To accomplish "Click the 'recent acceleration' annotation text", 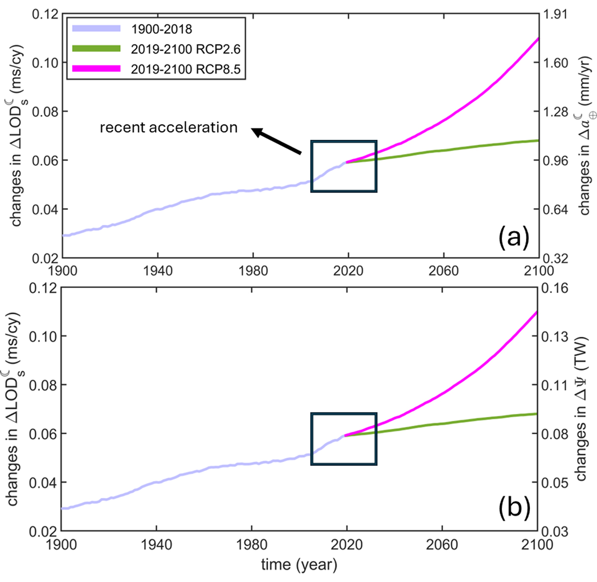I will point(169,127).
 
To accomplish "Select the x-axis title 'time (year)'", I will point(299,565).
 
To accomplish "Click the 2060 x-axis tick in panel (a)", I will point(444,271).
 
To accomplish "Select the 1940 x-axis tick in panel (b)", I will point(156,544).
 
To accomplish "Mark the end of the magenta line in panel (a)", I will point(539,38).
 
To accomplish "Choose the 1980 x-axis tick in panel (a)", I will point(253,271).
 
